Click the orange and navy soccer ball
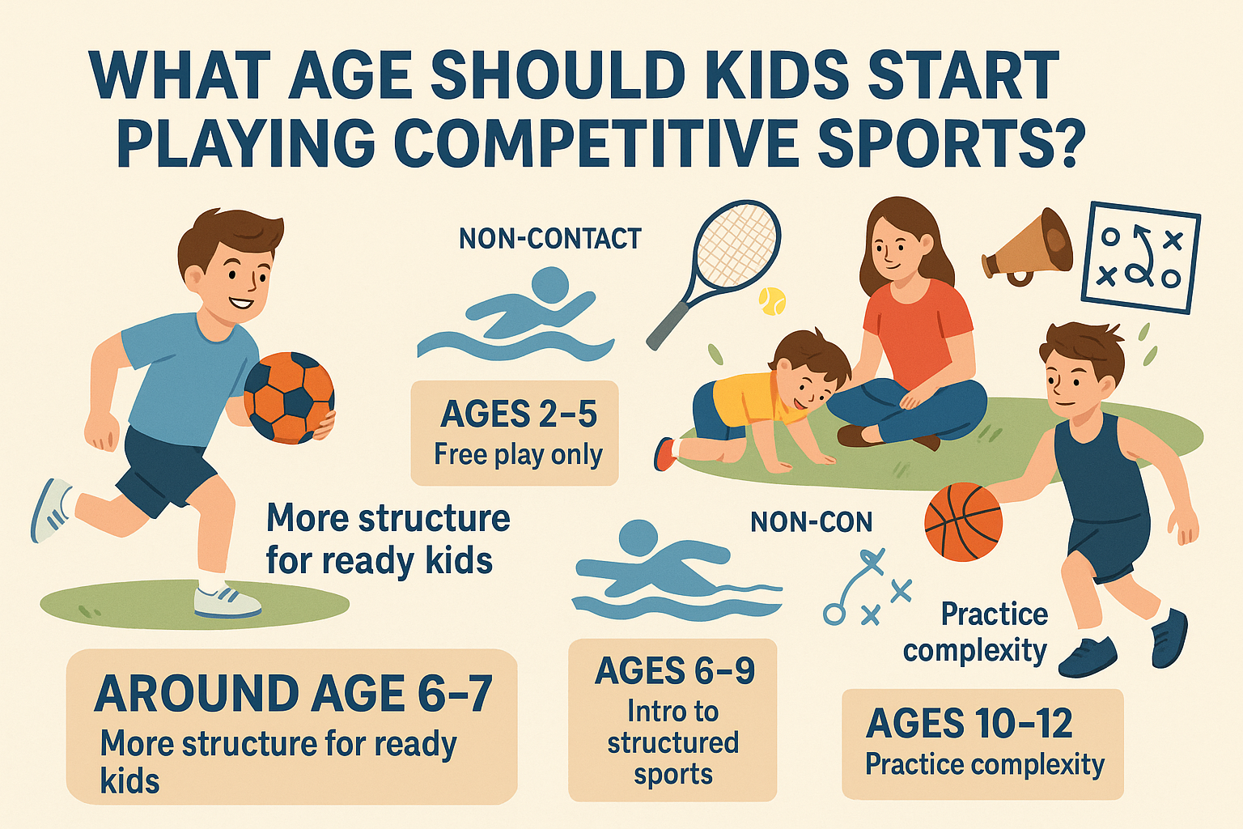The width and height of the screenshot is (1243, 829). point(289,397)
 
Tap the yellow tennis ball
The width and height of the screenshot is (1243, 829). point(772,301)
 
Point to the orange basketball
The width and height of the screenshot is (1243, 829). point(963,522)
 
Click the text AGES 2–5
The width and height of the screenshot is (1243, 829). point(518,414)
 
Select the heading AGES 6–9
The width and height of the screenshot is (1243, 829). point(674,670)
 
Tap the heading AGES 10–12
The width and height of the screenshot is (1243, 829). point(969,723)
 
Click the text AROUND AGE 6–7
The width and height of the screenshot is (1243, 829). point(294,694)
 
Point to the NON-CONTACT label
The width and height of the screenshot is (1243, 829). point(550,239)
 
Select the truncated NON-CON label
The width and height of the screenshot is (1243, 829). point(812,522)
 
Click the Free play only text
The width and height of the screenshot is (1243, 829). point(518,455)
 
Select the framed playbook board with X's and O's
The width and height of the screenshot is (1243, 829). point(1141,257)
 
